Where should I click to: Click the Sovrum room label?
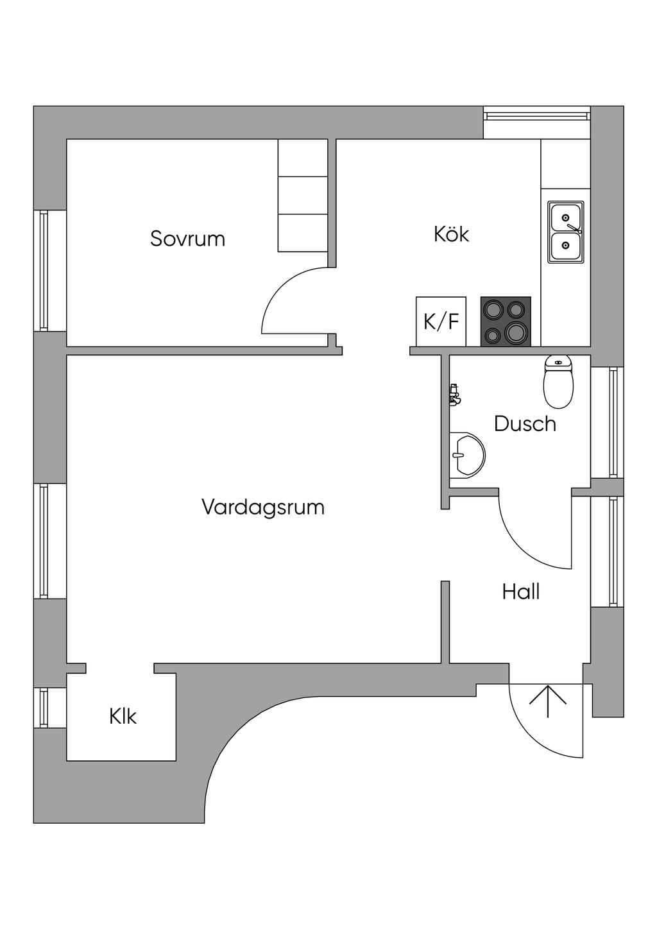(x=187, y=239)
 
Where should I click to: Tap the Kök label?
(x=451, y=234)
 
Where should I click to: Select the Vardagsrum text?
(x=262, y=507)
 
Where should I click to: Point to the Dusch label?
(x=525, y=423)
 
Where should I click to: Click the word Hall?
(x=520, y=592)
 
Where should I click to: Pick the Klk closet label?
(x=123, y=716)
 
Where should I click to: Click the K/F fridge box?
(x=441, y=321)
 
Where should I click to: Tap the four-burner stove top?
(x=506, y=321)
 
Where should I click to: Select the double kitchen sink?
(x=565, y=232)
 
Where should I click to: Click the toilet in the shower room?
(x=558, y=382)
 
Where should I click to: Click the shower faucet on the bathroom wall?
(x=455, y=393)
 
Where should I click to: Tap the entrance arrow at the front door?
(x=548, y=701)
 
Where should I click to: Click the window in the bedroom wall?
(x=43, y=270)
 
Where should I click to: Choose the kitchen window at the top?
(x=536, y=116)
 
